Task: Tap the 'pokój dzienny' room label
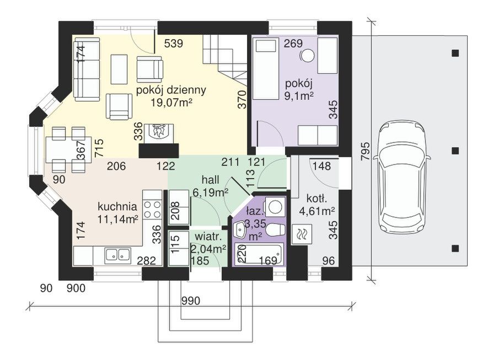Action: point(171,90)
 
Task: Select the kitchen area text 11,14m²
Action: point(118,218)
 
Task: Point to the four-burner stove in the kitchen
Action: point(152,209)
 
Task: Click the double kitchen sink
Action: point(118,255)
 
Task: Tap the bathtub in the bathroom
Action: point(259,254)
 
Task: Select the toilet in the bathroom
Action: point(275,230)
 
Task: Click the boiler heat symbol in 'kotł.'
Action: point(302,234)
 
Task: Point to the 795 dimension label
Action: point(365,152)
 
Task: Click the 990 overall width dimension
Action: point(191,301)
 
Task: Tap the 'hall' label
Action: point(210,180)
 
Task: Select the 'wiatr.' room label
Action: point(210,236)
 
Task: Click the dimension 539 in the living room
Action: point(174,44)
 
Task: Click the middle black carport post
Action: point(455,151)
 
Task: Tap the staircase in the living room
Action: point(224,61)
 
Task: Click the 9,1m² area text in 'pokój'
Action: point(299,95)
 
